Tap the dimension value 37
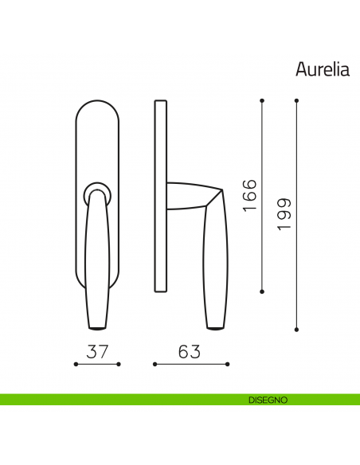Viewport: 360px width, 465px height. pyautogui.click(x=96, y=350)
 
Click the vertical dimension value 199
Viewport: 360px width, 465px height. pyautogui.click(x=283, y=215)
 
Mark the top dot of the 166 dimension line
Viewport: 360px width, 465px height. pyautogui.click(x=263, y=100)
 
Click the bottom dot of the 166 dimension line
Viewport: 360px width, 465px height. pyautogui.click(x=263, y=290)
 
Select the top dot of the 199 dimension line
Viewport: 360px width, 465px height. pyautogui.click(x=296, y=100)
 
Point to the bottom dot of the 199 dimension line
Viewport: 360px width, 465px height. pyautogui.click(x=296, y=328)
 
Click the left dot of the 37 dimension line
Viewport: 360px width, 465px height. pyautogui.click(x=75, y=365)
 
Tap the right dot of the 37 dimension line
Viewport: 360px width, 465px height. pyautogui.click(x=118, y=365)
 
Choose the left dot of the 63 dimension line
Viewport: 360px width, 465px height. pyautogui.click(x=154, y=365)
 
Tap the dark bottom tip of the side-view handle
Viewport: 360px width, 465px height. pyautogui.click(x=213, y=325)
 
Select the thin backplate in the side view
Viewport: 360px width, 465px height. pyautogui.click(x=161, y=195)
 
